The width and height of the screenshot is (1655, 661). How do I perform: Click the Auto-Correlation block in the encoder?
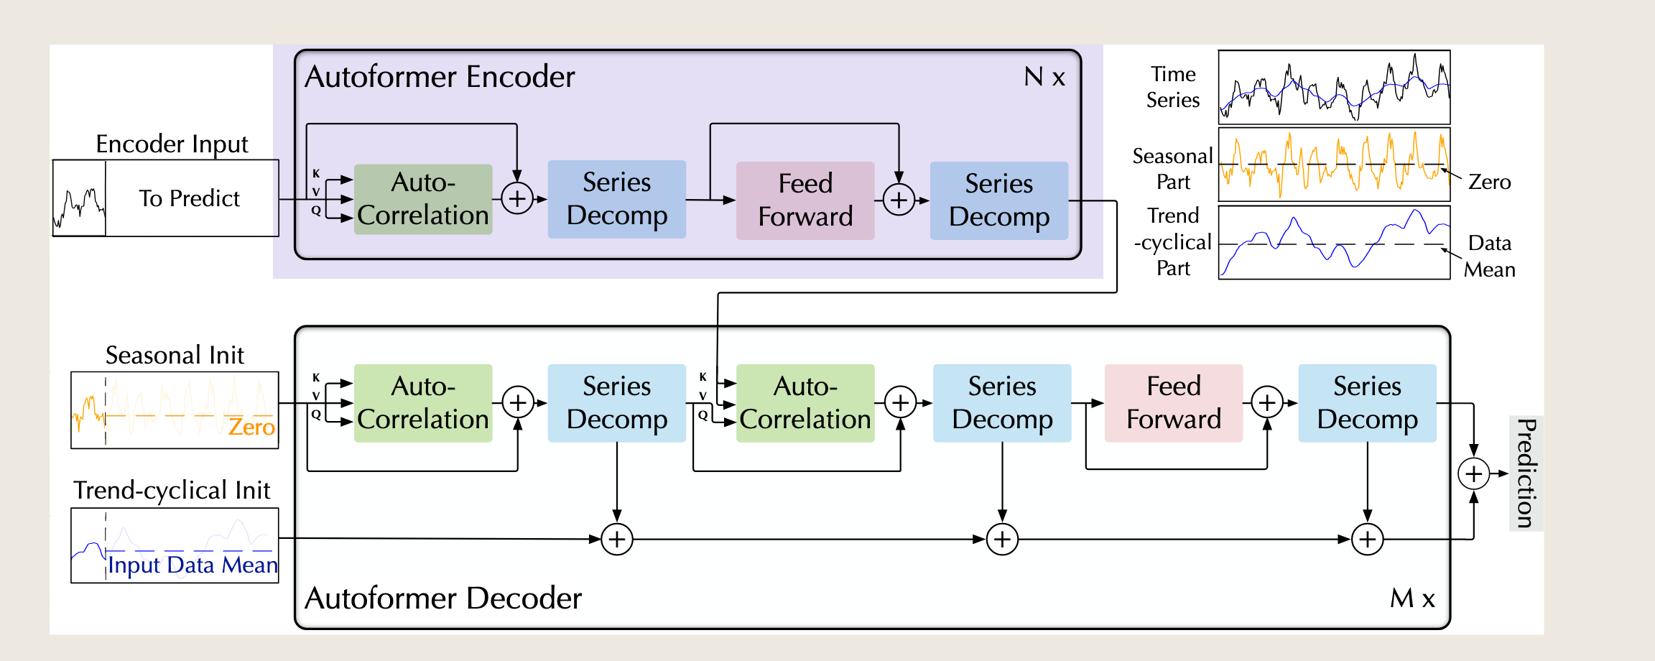[423, 199]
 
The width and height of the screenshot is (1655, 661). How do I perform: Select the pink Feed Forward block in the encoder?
[805, 200]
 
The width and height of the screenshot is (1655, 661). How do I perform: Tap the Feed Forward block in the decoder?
[1174, 403]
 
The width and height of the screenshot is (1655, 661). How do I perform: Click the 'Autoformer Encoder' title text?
[440, 77]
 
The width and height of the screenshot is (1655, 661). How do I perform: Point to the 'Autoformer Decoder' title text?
[443, 598]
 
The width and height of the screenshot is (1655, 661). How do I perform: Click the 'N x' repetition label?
[1044, 77]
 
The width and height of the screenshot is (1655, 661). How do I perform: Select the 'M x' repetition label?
[1412, 598]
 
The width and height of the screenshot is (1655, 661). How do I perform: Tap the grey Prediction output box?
[1526, 473]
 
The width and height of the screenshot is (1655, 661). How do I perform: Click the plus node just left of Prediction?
[1474, 473]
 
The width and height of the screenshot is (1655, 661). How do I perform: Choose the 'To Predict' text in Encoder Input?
[190, 198]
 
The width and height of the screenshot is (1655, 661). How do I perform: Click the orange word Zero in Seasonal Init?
[251, 427]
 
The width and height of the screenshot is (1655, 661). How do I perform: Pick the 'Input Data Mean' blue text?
[193, 565]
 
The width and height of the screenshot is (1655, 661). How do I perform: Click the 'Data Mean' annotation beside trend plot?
[1490, 256]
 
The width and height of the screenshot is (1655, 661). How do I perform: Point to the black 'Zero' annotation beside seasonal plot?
[1489, 182]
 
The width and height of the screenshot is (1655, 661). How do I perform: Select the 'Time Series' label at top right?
[1173, 87]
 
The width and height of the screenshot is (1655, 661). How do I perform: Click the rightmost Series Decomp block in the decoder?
[1367, 403]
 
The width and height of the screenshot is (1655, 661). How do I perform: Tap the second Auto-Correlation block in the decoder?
[805, 403]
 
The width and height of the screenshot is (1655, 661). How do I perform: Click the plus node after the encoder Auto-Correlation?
[517, 199]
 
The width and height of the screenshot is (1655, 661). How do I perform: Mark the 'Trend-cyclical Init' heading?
[172, 490]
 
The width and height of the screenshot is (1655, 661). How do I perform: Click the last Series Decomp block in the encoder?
[999, 200]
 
